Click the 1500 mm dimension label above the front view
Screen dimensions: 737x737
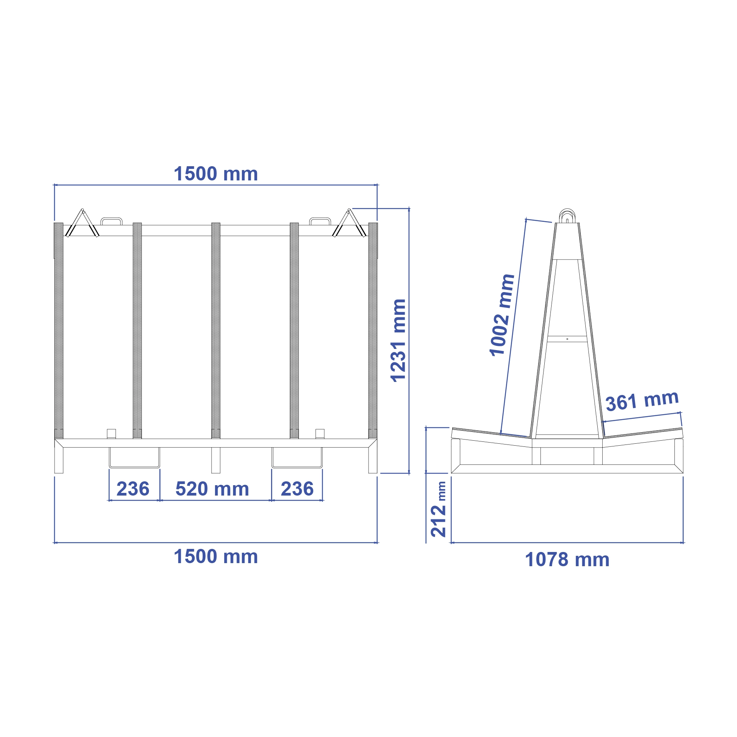pos(216,174)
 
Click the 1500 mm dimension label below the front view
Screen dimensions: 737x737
pos(216,557)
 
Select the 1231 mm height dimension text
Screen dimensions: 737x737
pos(398,340)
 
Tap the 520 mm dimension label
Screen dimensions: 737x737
pos(212,489)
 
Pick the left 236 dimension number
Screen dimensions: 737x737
pos(133,489)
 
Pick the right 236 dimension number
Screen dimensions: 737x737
pos(297,489)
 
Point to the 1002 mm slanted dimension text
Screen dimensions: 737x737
pos(502,315)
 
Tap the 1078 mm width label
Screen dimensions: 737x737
pos(567,560)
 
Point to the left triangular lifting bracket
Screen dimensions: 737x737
pos(82,224)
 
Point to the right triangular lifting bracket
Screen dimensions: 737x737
pos(349,224)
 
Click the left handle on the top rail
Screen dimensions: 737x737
pos(111,221)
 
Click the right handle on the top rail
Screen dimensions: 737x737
pos(320,221)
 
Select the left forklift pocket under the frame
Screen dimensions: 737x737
pos(134,458)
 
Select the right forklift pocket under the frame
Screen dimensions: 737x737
pos(297,458)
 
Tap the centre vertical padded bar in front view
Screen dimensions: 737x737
pos(216,330)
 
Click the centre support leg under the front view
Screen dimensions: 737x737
pos(216,460)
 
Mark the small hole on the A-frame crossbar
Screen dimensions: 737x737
pos(567,339)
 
